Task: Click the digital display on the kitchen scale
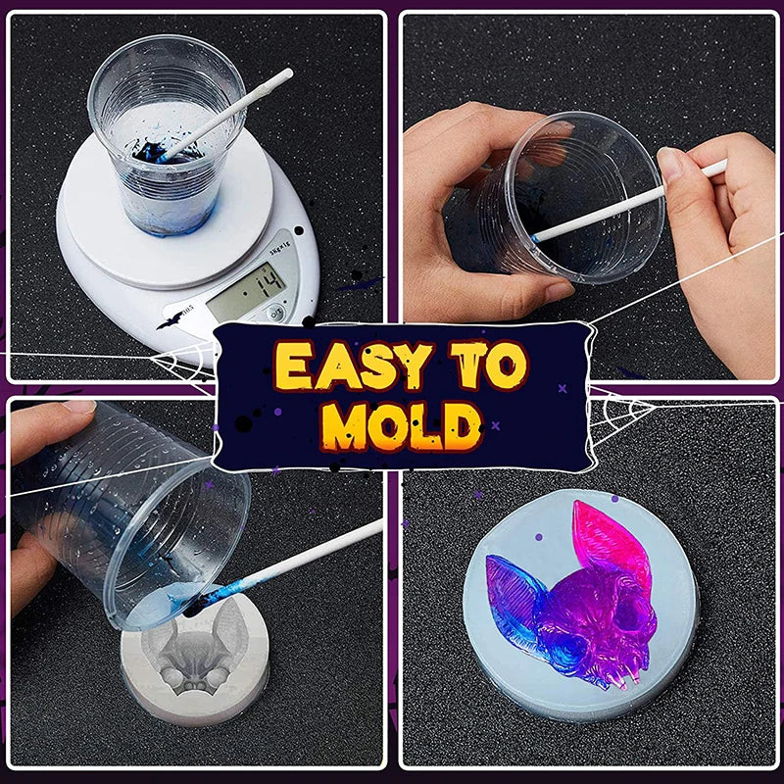pos(246,292)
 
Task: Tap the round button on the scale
pos(275,314)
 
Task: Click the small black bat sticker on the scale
pos(171,320)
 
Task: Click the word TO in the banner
pos(488,365)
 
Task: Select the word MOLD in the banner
pos(401,426)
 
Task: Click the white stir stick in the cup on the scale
pos(226,115)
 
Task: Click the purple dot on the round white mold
pos(538,537)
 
